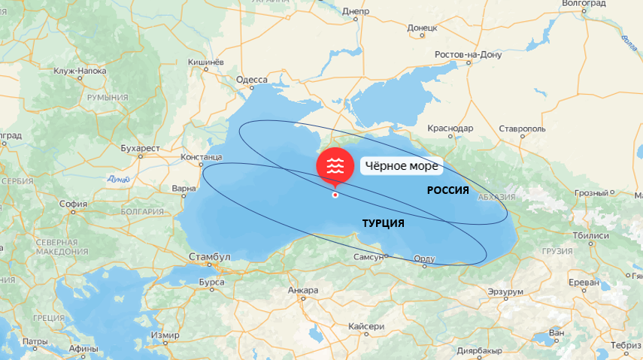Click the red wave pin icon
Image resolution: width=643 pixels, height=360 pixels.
pos(335,166)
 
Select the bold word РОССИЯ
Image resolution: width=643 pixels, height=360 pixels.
pos(448,190)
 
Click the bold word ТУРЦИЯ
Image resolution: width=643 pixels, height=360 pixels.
pos(383,223)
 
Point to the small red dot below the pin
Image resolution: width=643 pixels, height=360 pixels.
pos(335,195)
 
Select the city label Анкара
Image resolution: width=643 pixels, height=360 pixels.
pos(303,290)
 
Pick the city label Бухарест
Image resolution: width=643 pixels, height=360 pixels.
pos(140,149)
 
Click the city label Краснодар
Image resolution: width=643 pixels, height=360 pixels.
pos(450,129)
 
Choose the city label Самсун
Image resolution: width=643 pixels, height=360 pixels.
pos(369,257)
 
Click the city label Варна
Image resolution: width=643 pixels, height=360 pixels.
pos(183,188)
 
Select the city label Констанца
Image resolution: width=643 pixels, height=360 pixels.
pos(201,157)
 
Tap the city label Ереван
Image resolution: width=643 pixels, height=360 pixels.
pos(583,282)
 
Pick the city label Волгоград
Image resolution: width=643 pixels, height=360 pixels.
pos(584,4)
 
